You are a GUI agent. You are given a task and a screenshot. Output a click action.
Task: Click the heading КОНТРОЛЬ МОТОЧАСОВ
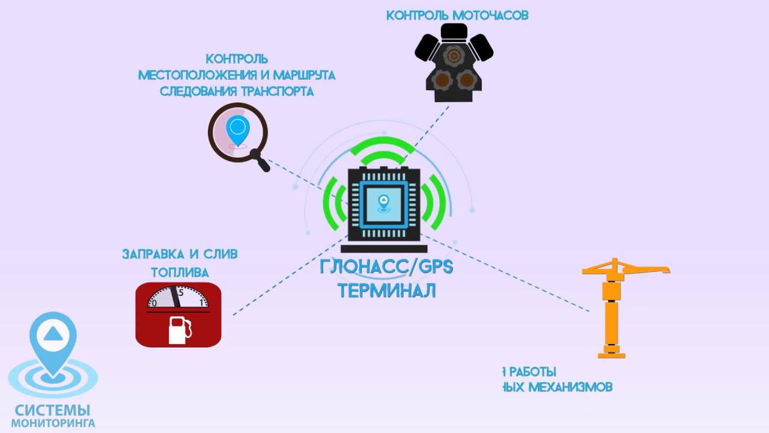pyautogui.click(x=457, y=15)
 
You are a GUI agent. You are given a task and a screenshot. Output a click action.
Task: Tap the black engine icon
pyautogui.click(x=454, y=63)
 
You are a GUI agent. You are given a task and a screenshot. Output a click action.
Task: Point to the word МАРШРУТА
pyautogui.click(x=304, y=75)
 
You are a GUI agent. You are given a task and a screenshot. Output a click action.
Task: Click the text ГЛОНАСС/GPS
pyautogui.click(x=386, y=266)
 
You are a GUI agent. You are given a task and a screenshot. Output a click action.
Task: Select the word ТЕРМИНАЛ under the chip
pyautogui.click(x=386, y=290)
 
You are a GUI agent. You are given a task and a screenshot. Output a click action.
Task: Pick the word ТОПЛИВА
pyautogui.click(x=180, y=272)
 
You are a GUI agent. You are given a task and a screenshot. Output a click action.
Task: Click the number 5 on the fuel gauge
pyautogui.click(x=181, y=293)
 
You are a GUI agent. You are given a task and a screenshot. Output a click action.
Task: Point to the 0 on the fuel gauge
pyautogui.click(x=154, y=303)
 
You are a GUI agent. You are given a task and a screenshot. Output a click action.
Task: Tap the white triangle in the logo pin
pyautogui.click(x=53, y=333)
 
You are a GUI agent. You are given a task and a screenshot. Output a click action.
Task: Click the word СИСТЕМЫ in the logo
pyautogui.click(x=52, y=410)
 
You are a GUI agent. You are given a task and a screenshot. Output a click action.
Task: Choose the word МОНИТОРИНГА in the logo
pyautogui.click(x=53, y=423)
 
